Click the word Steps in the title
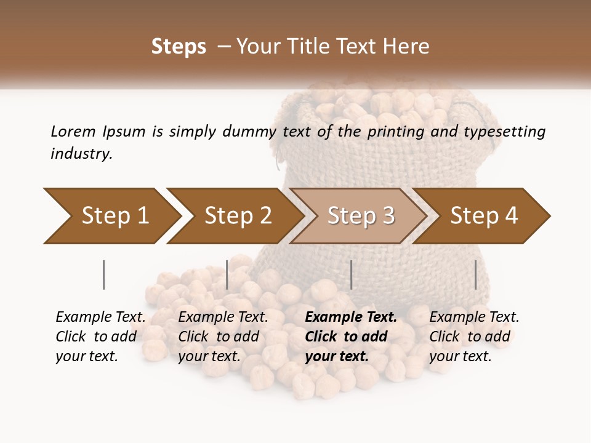[x=179, y=47]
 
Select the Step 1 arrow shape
[x=111, y=216]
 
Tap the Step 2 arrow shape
[x=237, y=216]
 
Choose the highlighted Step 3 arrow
[x=360, y=216]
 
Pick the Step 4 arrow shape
[x=483, y=216]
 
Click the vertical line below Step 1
[x=104, y=274]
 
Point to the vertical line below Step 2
[x=227, y=274]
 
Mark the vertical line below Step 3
[x=351, y=274]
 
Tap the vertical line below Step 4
[x=475, y=274]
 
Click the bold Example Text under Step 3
[x=350, y=337]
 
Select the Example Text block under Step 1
[x=100, y=337]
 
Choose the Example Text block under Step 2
[x=223, y=337]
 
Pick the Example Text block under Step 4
[x=473, y=337]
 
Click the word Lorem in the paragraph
[x=73, y=131]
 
